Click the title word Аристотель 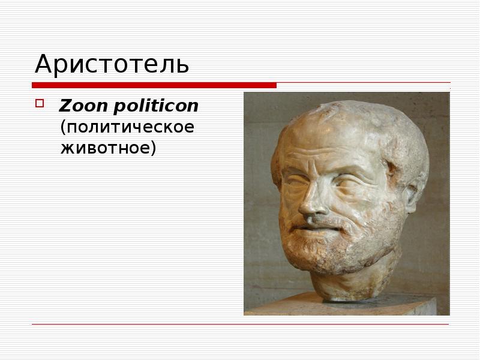tap(112, 64)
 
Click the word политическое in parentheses tap(127, 128)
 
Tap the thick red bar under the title tap(154, 85)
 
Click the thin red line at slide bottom tap(240, 325)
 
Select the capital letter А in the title tap(43, 64)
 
